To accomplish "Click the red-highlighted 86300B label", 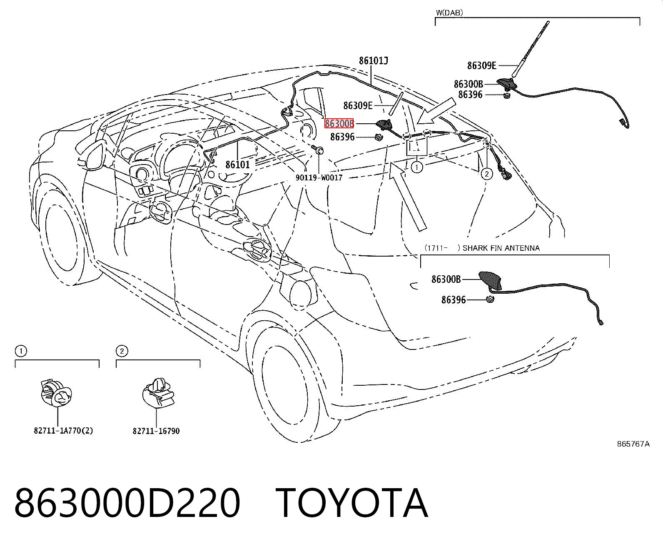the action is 339,123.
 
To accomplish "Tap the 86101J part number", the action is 374,61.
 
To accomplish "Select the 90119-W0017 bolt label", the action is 319,177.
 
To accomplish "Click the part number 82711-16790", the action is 156,431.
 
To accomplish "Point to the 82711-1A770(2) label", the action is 63,431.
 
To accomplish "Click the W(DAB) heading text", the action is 449,13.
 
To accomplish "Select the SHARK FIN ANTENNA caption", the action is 501,248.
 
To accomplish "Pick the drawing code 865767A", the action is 633,444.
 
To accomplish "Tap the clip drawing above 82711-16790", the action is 158,393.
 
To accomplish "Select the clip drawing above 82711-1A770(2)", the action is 57,393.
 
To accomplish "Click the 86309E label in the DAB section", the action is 481,66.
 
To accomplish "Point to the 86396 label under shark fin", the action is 454,300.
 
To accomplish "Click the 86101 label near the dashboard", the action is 238,165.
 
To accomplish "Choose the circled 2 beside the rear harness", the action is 487,173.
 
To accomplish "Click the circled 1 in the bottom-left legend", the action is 21,351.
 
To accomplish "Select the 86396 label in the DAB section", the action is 470,95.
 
